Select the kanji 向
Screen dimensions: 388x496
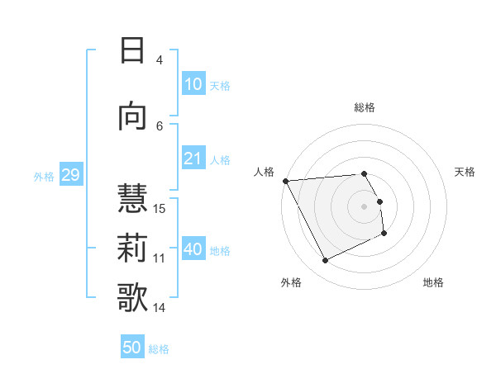pos(132,116)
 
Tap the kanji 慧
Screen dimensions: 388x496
pos(132,197)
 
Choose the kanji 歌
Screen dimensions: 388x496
pos(132,296)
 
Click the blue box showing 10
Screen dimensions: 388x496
pos(193,84)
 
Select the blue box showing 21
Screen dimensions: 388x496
pos(193,159)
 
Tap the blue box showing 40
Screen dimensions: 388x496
pos(193,250)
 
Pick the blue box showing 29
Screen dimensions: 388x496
pos(70,175)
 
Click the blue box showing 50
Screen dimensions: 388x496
pos(132,348)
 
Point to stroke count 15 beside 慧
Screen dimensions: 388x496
pos(160,208)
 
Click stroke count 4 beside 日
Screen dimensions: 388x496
pos(159,59)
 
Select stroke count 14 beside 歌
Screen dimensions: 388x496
pos(160,308)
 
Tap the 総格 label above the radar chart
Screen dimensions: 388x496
pos(365,107)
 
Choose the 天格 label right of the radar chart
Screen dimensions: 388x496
pos(465,172)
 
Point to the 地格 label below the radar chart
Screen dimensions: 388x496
pos(433,282)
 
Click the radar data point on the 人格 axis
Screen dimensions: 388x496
pos(285,181)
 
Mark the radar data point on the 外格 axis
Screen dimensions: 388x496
pos(325,261)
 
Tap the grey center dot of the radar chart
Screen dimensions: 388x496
pos(365,206)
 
